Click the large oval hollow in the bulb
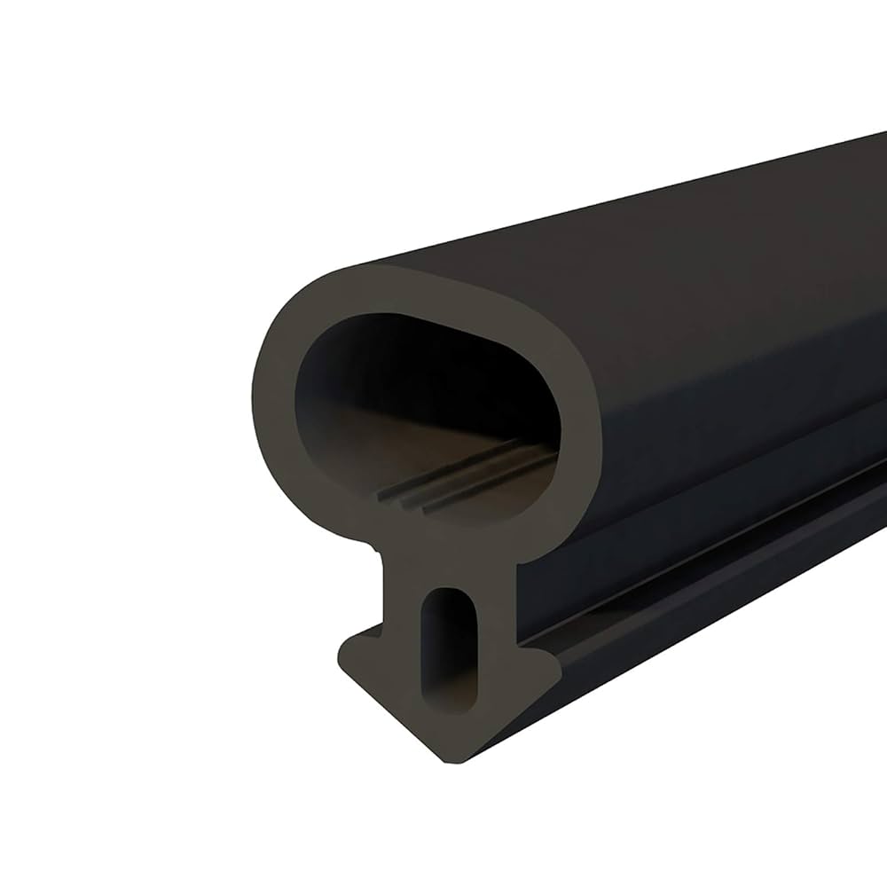[417, 408]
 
